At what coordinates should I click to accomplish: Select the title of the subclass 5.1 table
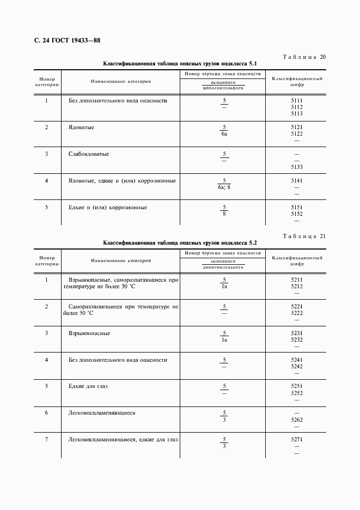click(x=180, y=64)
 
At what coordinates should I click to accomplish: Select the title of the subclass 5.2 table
click(x=180, y=242)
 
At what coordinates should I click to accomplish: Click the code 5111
click(x=297, y=101)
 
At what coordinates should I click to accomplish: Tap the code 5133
click(x=297, y=167)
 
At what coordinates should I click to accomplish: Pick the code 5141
click(x=297, y=180)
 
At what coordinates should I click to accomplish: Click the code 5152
click(x=297, y=214)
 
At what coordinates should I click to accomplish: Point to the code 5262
click(x=297, y=420)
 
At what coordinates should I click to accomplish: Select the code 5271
click(x=297, y=440)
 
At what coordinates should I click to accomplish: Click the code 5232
click(x=297, y=339)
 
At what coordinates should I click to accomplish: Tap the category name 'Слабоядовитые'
click(x=89, y=154)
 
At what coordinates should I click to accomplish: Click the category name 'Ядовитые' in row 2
click(x=81, y=127)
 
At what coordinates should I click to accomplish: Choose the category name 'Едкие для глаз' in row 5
click(x=88, y=386)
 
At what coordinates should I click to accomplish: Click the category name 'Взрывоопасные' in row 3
click(x=89, y=333)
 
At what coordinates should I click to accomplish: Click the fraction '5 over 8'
click(x=224, y=210)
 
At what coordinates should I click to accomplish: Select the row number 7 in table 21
click(x=46, y=440)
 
